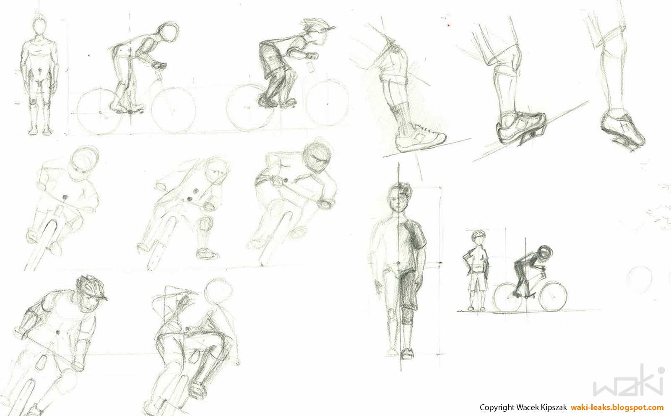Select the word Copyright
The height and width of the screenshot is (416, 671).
coord(497,407)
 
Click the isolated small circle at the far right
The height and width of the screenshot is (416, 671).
coord(640,278)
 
